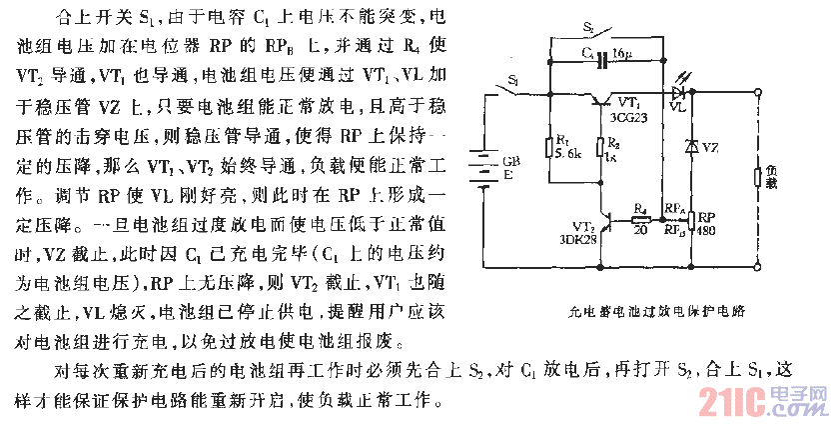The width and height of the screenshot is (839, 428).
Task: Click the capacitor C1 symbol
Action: point(602,60)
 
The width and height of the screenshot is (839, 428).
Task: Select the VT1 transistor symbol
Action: point(601,99)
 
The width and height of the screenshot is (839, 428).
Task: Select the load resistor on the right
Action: point(758,179)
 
